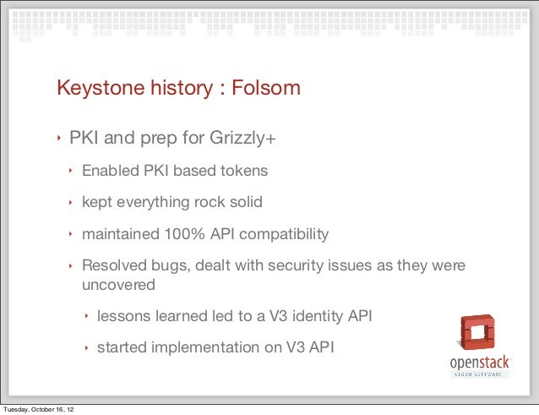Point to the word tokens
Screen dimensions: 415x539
(243, 171)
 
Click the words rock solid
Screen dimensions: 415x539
(226, 202)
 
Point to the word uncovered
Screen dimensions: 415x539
(118, 285)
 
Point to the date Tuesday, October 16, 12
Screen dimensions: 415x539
(38, 409)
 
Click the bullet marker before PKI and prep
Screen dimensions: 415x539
(59, 139)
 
